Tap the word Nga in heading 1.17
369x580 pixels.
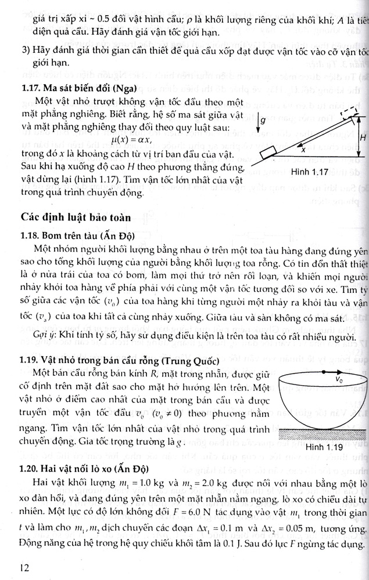(x=124, y=89)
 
